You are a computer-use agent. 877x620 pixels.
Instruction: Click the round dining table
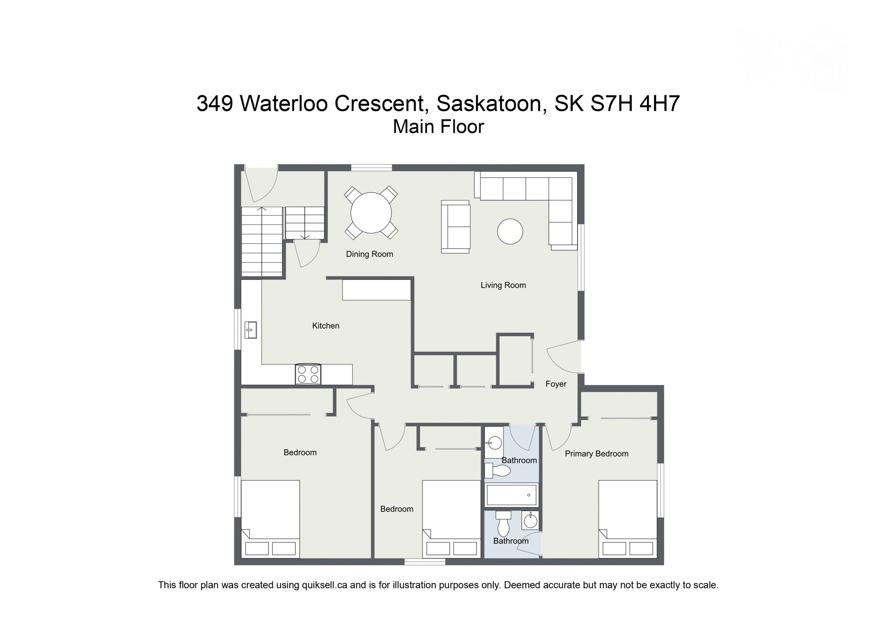(x=371, y=213)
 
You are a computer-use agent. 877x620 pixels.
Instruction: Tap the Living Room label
(x=503, y=285)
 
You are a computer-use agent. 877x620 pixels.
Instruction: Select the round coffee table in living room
(x=510, y=231)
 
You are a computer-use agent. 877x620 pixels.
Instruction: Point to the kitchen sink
(x=251, y=330)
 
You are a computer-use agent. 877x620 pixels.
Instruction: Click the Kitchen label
(x=325, y=326)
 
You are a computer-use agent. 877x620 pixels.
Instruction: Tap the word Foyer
(x=555, y=384)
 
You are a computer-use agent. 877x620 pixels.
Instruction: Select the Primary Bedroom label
(x=596, y=454)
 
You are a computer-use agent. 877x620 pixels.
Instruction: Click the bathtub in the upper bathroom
(x=511, y=495)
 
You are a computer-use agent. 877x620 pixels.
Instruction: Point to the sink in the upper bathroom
(x=495, y=442)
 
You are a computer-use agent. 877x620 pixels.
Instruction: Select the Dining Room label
(x=369, y=254)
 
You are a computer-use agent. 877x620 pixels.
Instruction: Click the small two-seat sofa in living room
(x=456, y=227)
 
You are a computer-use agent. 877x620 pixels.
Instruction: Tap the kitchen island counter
(x=376, y=290)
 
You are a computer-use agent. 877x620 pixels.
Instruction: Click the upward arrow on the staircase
(x=262, y=210)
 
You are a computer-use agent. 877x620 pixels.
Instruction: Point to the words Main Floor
(x=438, y=127)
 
